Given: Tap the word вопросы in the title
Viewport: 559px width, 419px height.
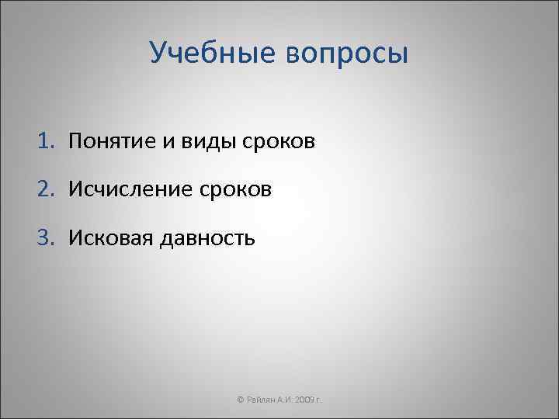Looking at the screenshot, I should click(345, 54).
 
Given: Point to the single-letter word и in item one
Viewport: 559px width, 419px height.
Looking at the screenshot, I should click(172, 141).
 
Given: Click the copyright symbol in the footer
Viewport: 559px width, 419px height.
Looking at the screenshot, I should click(241, 398).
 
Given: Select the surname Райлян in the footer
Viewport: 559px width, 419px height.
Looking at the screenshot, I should click(262, 398).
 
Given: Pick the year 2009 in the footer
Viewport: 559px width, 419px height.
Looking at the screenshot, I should click(306, 398).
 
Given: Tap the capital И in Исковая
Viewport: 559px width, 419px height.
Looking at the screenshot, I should click(75, 236).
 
